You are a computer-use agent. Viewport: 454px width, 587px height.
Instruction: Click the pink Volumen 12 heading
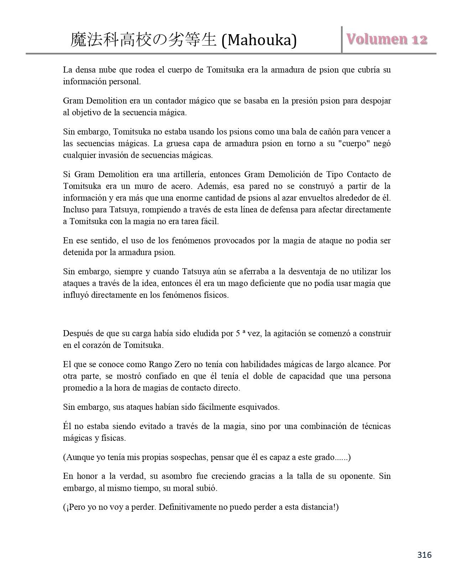click(x=387, y=39)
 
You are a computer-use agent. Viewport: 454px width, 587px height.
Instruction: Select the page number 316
click(x=424, y=555)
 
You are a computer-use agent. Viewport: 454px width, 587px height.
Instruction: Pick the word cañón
click(x=330, y=132)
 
